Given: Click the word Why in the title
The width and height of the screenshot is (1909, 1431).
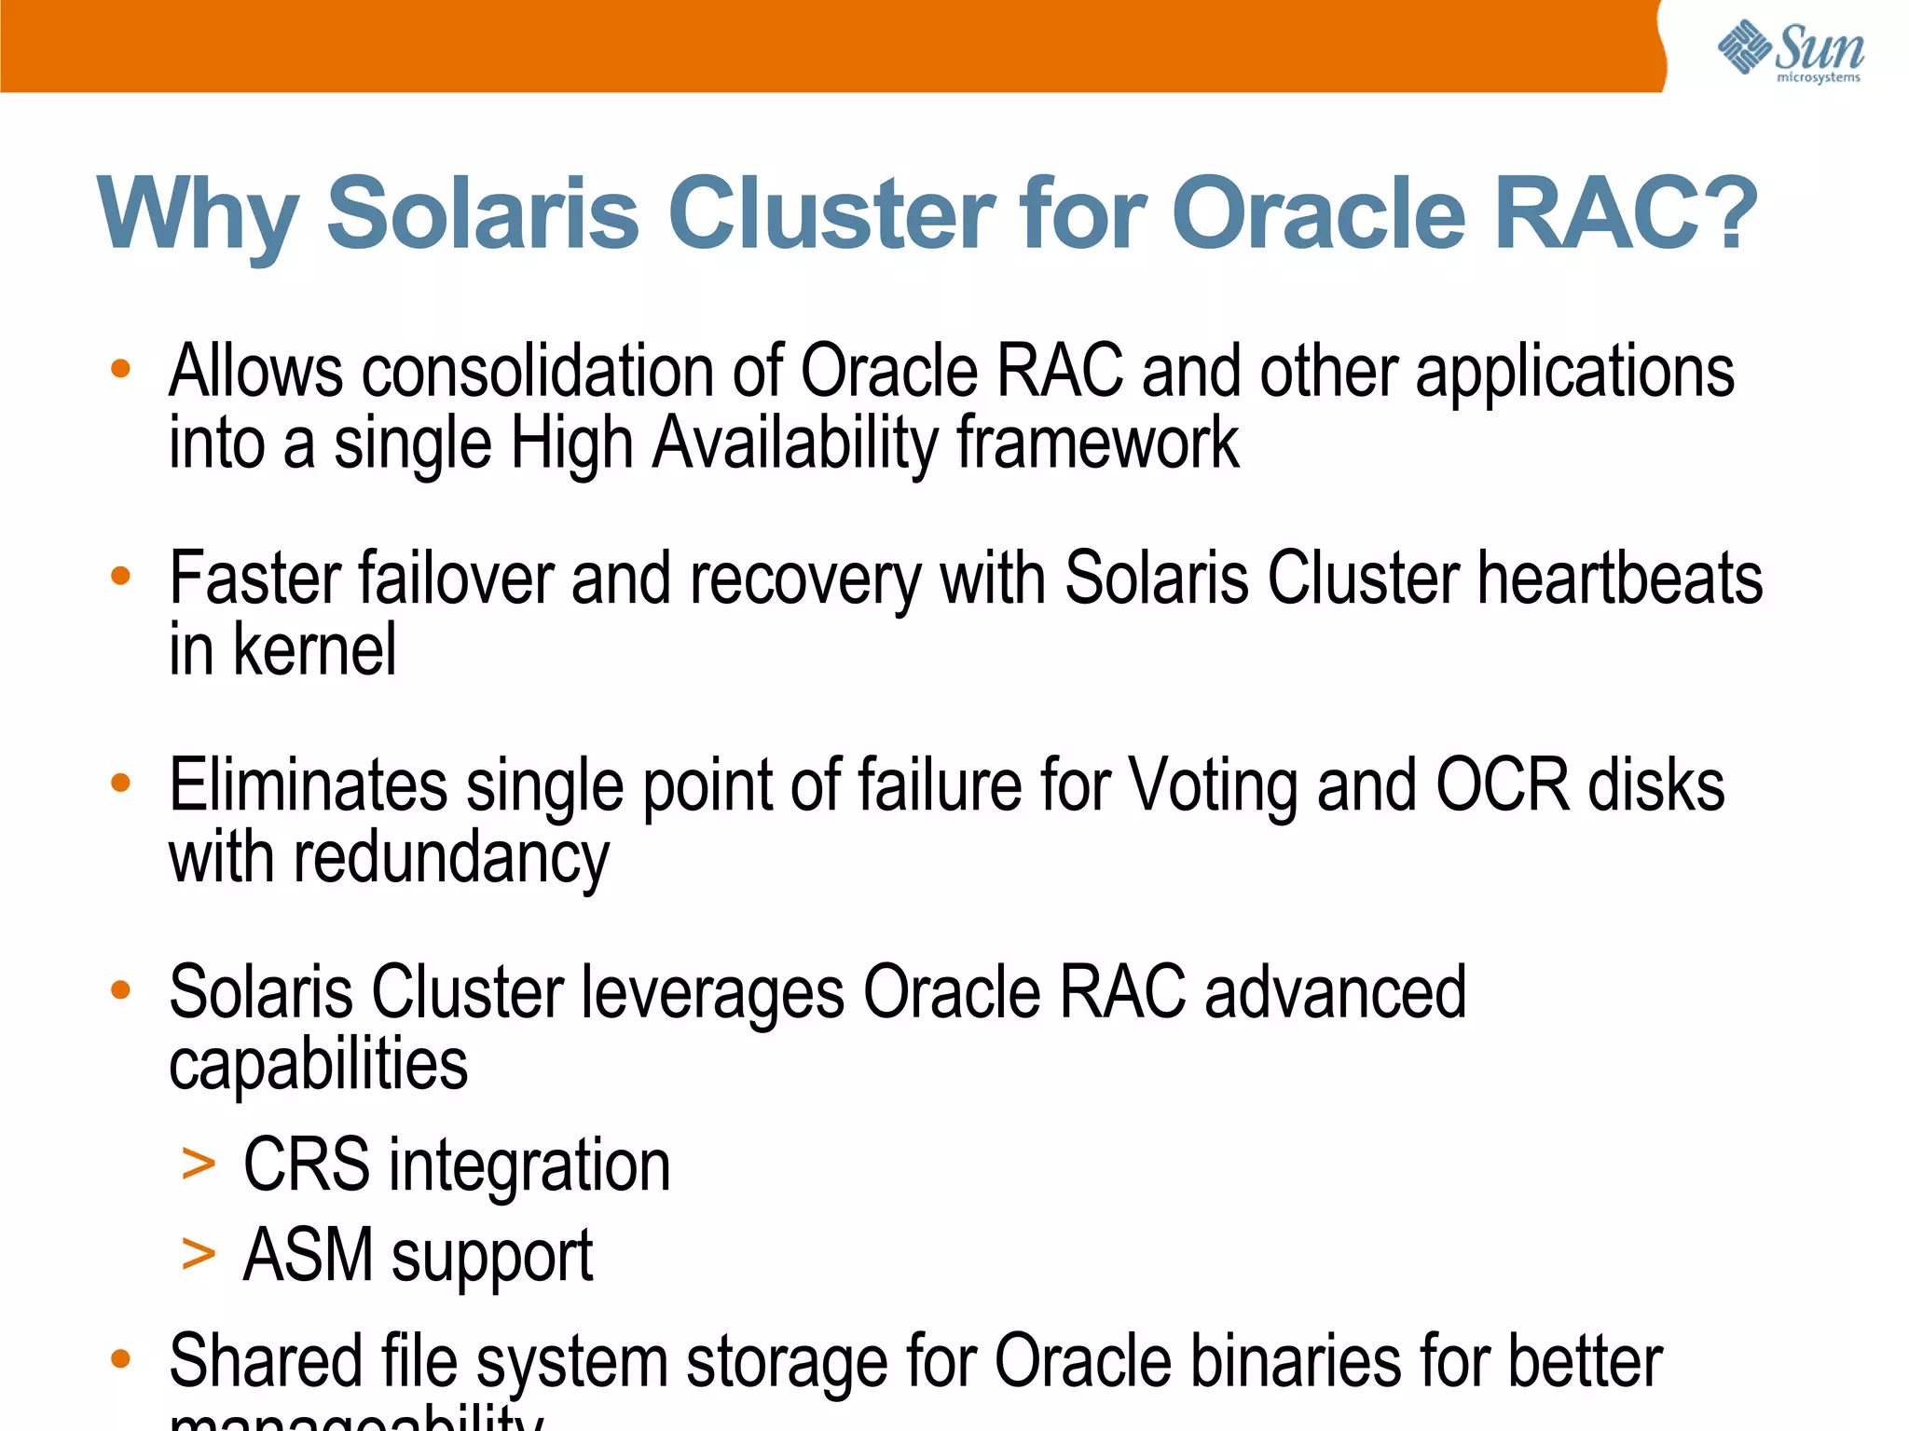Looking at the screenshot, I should click(197, 216).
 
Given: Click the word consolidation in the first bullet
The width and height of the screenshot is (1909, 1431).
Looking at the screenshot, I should click(538, 372).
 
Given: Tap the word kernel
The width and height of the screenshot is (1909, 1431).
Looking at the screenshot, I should click(314, 650).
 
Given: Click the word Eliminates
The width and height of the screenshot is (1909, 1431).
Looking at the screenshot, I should click(308, 785).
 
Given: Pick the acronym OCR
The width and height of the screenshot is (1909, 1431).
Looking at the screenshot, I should click(1502, 785).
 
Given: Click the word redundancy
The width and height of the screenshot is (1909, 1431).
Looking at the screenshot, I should click(451, 858).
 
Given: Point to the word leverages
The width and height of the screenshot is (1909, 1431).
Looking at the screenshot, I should click(712, 993).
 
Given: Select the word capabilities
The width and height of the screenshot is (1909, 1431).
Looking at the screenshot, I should click(318, 1065).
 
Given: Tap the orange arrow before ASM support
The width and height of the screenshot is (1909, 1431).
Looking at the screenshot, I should click(199, 1253).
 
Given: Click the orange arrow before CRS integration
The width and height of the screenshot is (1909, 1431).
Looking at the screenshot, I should click(199, 1164).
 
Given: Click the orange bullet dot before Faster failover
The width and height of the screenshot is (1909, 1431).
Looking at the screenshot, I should click(120, 576).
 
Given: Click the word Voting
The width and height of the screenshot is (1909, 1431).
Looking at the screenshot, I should click(1213, 785).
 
